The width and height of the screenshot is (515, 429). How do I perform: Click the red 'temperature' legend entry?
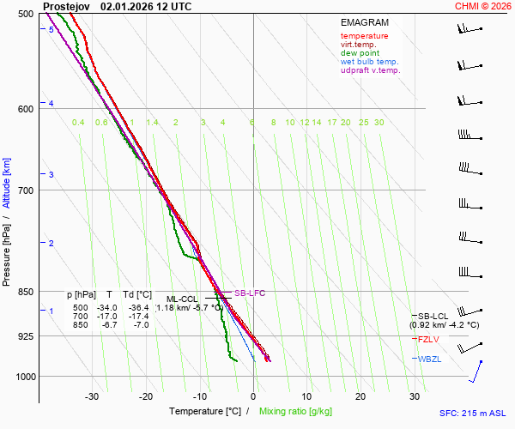[364, 36]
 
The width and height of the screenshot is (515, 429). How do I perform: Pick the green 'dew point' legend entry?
[360, 53]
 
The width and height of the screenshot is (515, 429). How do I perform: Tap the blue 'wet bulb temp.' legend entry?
[369, 62]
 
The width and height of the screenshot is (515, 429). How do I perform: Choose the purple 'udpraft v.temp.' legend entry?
[370, 70]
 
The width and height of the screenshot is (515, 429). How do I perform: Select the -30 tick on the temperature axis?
[92, 396]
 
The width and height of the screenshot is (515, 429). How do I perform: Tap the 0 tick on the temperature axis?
[253, 396]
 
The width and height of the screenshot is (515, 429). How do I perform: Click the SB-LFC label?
[250, 293]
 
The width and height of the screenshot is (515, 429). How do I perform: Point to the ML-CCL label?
[182, 299]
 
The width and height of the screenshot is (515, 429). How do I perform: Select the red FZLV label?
[429, 340]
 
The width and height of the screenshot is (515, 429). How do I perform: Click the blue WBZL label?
[430, 359]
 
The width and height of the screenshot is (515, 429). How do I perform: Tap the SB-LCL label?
[433, 317]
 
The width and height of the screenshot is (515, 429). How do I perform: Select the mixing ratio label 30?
[379, 123]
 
